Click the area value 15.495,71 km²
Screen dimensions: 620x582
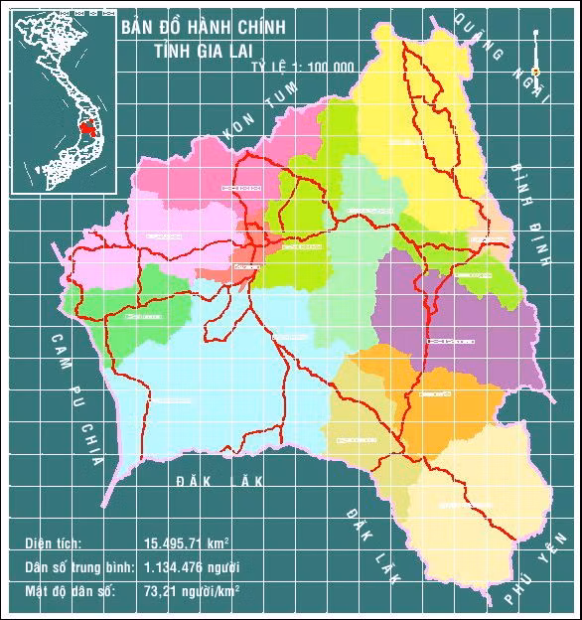point(187,543)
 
